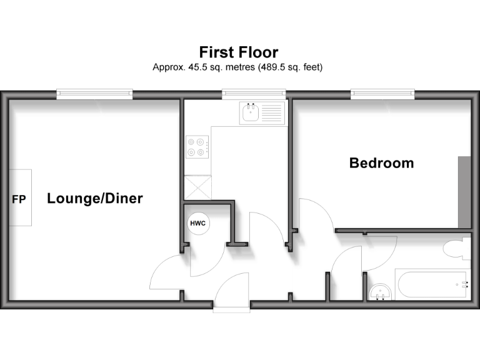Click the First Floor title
click(238, 52)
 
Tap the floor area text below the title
click(238, 67)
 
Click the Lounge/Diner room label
click(95, 199)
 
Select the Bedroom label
click(381, 163)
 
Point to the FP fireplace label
click(19, 199)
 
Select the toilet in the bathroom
click(457, 248)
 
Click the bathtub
click(432, 285)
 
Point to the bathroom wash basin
click(380, 291)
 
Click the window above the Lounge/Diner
click(95, 94)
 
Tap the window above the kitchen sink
click(255, 94)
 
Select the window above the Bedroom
click(382, 94)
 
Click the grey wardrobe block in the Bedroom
click(464, 192)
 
